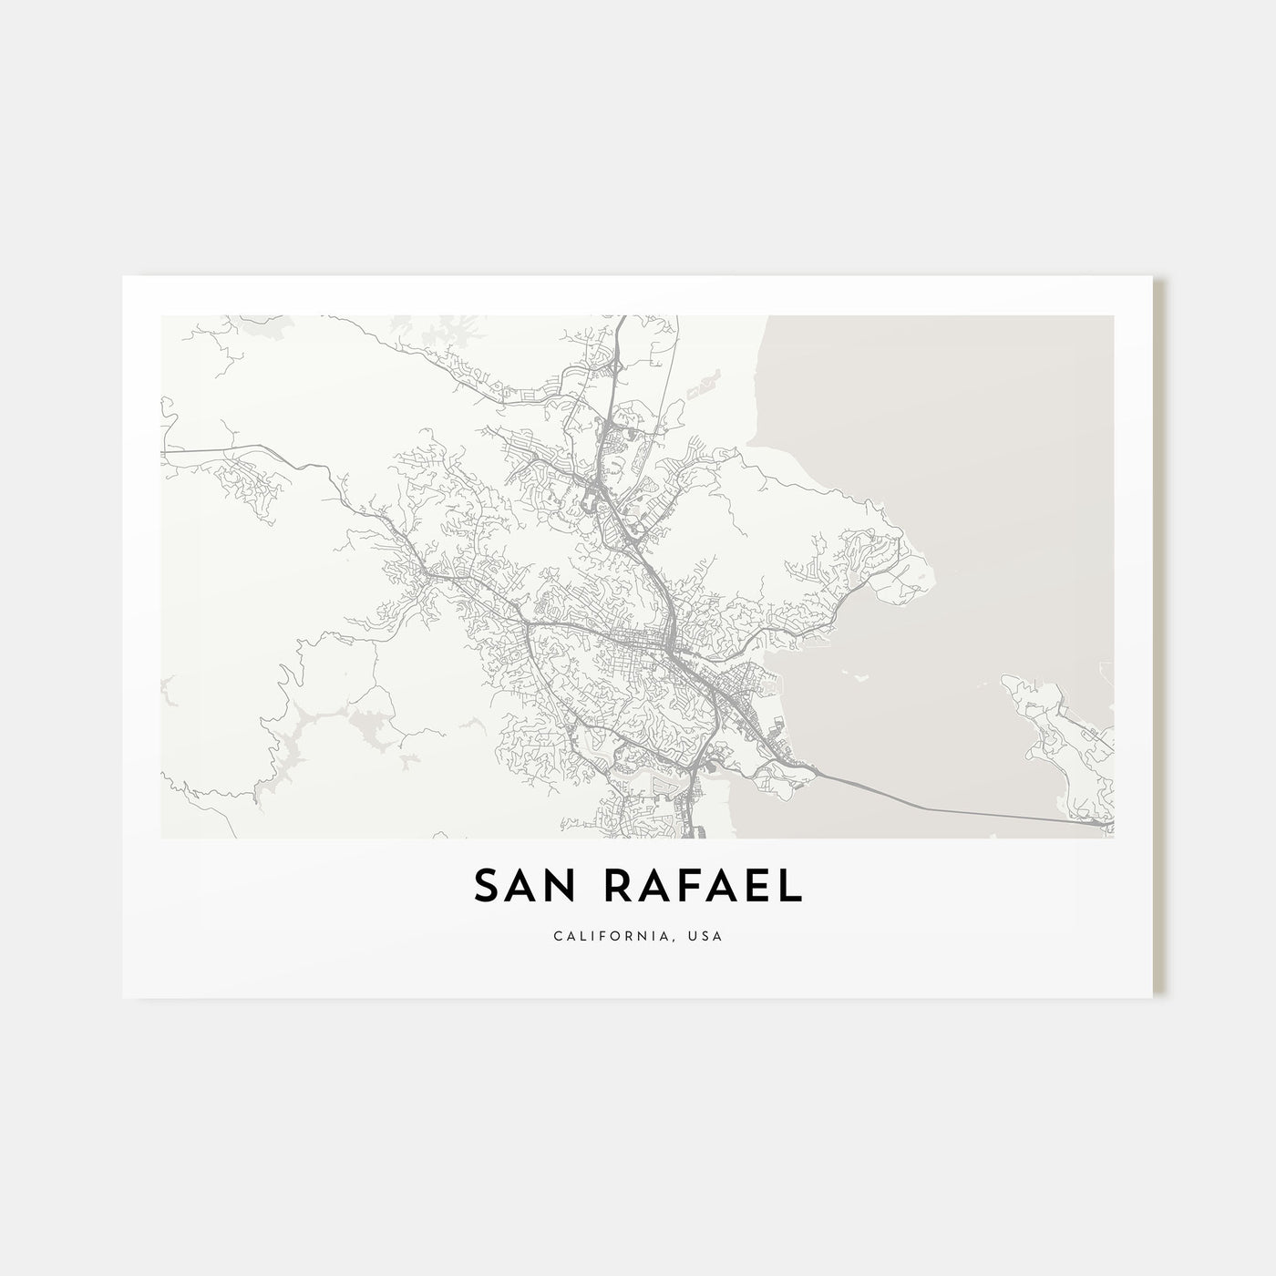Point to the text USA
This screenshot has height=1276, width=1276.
706,936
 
